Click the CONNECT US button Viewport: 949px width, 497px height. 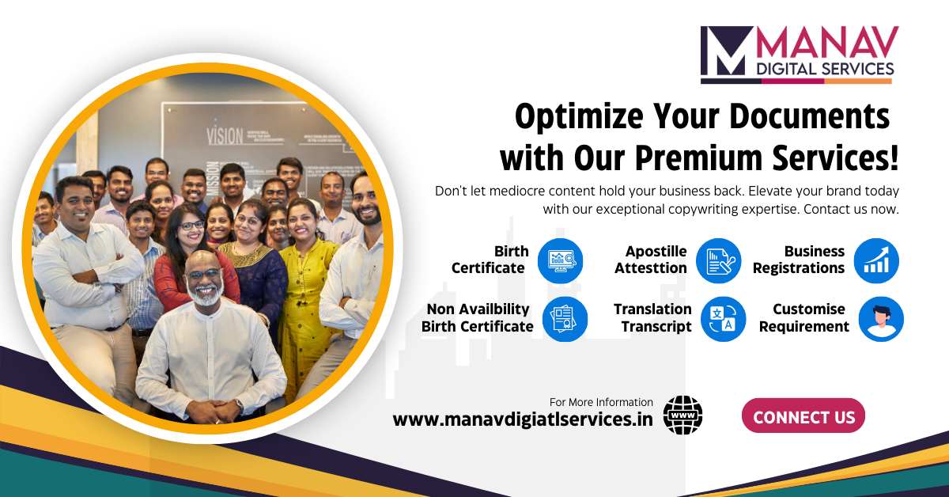click(x=803, y=416)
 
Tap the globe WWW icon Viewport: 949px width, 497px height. click(x=682, y=415)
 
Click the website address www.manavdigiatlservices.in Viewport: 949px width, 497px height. click(x=523, y=419)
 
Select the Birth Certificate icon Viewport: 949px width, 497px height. click(x=560, y=260)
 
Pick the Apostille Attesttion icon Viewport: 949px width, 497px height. click(x=718, y=260)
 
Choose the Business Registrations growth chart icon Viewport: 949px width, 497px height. click(x=876, y=260)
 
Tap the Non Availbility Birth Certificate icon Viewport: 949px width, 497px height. click(x=565, y=318)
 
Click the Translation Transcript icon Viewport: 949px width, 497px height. click(x=723, y=318)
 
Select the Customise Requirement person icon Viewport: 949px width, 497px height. click(x=880, y=318)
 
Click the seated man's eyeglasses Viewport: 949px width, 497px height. click(x=205, y=274)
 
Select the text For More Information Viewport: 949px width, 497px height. click(x=601, y=402)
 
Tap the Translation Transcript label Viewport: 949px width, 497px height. click(x=652, y=317)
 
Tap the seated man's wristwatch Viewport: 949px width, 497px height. click(x=238, y=404)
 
